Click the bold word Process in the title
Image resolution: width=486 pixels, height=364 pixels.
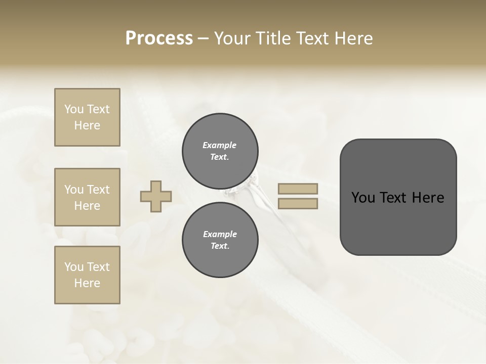(x=159, y=38)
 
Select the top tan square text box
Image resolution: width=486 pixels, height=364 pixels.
(x=87, y=117)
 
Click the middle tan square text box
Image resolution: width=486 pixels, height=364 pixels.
(x=87, y=197)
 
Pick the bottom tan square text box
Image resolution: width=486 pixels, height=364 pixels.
(x=87, y=275)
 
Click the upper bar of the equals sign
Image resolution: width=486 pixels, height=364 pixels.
(x=298, y=189)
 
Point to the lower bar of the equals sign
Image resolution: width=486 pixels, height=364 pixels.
(x=298, y=204)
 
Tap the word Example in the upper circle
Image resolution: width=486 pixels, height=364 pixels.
(x=220, y=145)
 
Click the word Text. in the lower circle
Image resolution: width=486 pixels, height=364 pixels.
(x=220, y=246)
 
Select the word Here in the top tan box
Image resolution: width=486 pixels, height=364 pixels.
(x=87, y=125)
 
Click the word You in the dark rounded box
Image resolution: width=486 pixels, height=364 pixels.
(x=362, y=198)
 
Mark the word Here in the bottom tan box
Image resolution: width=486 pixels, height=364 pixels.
(x=87, y=283)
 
